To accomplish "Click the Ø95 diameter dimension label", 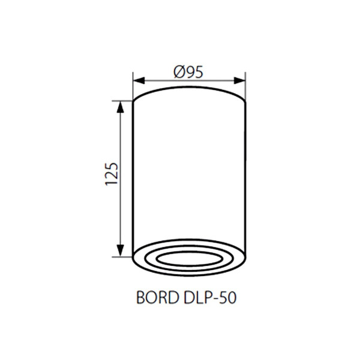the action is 188,72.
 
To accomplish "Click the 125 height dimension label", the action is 112,174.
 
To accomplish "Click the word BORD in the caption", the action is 158,298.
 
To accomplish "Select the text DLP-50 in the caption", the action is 210,298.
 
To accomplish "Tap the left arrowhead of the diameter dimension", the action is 139,80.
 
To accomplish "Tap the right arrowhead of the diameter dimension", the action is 239,80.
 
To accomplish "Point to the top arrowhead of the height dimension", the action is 121,107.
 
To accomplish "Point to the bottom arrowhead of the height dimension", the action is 121,251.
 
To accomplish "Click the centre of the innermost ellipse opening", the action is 190,259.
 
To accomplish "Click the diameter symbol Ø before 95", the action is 179,72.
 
